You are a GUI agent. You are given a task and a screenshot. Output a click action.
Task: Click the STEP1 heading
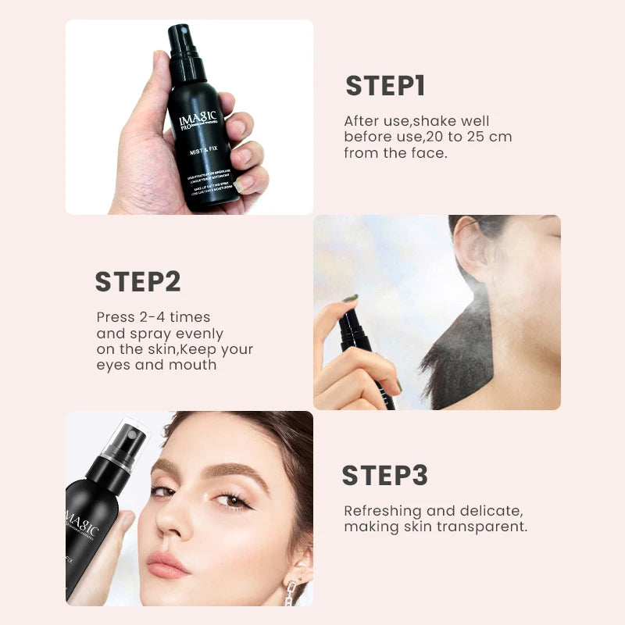click(x=385, y=86)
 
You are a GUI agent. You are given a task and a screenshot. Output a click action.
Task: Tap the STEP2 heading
click(x=137, y=282)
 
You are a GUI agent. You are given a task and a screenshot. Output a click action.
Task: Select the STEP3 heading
click(x=384, y=476)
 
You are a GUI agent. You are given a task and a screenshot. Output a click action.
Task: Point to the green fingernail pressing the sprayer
click(x=350, y=298)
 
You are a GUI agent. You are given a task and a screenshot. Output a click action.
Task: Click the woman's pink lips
click(x=167, y=564)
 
